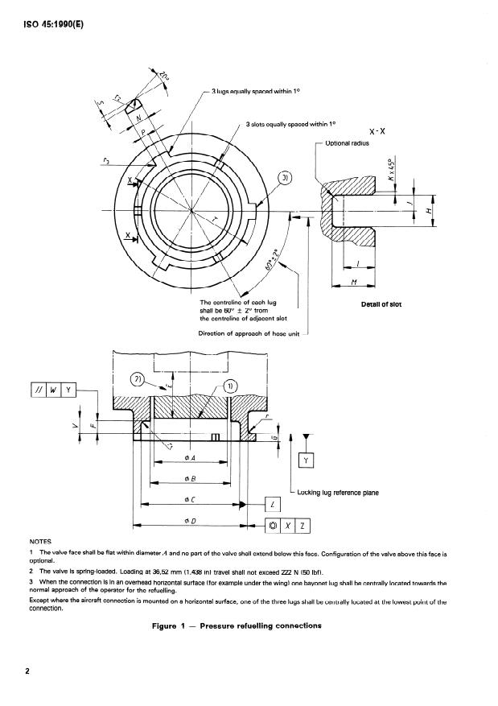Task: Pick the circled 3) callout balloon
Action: (x=288, y=178)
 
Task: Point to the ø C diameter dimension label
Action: (x=186, y=500)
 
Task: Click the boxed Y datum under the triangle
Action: (x=307, y=460)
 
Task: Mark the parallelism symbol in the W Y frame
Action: (x=38, y=390)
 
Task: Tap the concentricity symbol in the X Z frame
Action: (x=275, y=527)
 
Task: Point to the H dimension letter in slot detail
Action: (x=429, y=211)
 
